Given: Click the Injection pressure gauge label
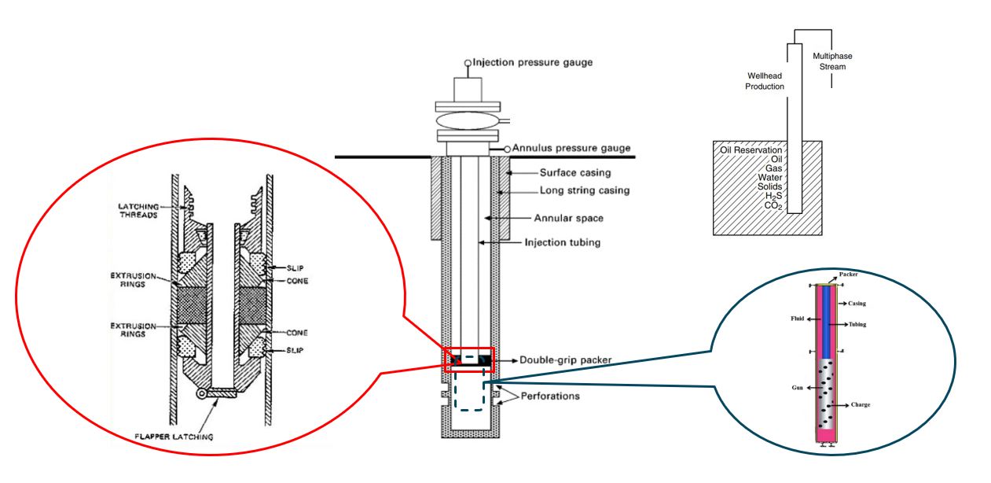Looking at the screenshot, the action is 533,62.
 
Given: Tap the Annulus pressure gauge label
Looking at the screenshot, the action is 571,148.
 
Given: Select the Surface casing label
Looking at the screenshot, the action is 575,172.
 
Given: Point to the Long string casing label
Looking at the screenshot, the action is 585,190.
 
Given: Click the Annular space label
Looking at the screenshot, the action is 568,218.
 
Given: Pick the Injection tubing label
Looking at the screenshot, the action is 563,242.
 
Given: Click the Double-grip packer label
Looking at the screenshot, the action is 565,360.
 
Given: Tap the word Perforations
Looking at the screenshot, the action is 550,396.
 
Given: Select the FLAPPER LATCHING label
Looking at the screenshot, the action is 174,437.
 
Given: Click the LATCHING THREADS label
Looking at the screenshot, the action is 138,211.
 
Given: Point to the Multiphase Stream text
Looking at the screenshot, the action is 832,61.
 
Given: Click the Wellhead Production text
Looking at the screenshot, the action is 765,81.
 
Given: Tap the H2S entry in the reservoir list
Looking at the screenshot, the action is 773,196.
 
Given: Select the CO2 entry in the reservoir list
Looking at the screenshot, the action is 773,205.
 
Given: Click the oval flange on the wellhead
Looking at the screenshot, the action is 468,120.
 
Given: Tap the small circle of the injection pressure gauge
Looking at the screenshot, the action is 468,63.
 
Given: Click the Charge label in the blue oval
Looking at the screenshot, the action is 861,404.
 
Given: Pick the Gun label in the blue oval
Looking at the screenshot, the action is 797,387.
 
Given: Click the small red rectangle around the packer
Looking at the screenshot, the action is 469,348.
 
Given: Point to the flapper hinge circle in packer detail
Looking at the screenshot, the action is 202,393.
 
